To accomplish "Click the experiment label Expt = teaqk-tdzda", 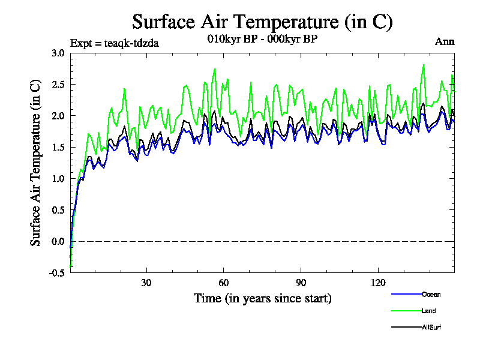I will pyautogui.click(x=115, y=43).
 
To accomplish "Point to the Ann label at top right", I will pyautogui.click(x=445, y=41).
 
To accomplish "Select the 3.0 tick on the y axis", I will pyautogui.click(x=58, y=53).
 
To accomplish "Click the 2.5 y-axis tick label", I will pyautogui.click(x=58, y=84).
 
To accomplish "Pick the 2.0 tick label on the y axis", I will pyautogui.click(x=58, y=116).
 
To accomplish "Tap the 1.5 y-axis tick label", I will pyautogui.click(x=58, y=147).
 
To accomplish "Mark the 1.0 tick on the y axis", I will pyautogui.click(x=58, y=179).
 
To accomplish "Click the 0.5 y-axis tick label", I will pyautogui.click(x=58, y=210).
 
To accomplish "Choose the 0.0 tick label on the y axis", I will pyautogui.click(x=58, y=242).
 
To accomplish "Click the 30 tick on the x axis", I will pyautogui.click(x=146, y=283).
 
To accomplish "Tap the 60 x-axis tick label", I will pyautogui.click(x=224, y=283).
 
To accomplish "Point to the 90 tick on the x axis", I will pyautogui.click(x=301, y=283).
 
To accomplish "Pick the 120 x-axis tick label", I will pyautogui.click(x=379, y=283).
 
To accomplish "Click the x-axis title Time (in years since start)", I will pyautogui.click(x=262, y=298).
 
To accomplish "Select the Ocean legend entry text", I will pyautogui.click(x=431, y=295).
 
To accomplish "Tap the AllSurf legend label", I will pyautogui.click(x=432, y=328).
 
